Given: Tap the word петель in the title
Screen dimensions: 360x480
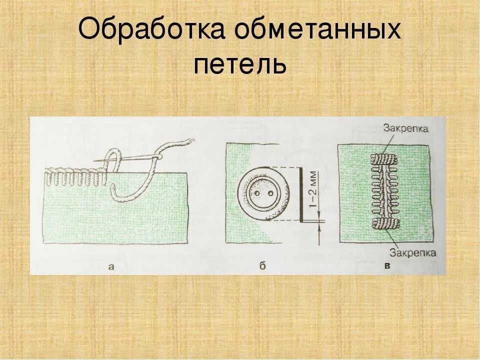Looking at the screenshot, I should pos(240,64).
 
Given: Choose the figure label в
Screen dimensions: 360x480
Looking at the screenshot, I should pos(387,265).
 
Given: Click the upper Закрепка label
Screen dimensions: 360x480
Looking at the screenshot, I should pos(405,128).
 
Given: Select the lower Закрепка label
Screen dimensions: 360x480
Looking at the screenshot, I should pos(413,252).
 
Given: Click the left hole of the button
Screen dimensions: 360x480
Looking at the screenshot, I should pos(257,193).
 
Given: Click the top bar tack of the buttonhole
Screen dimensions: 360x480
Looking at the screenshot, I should pos(383,160).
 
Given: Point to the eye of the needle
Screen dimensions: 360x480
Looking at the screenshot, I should pos(157,157).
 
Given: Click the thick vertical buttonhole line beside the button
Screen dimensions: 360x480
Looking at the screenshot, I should pos(300,194).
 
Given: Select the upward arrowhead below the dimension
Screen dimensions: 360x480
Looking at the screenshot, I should pos(317,228).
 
